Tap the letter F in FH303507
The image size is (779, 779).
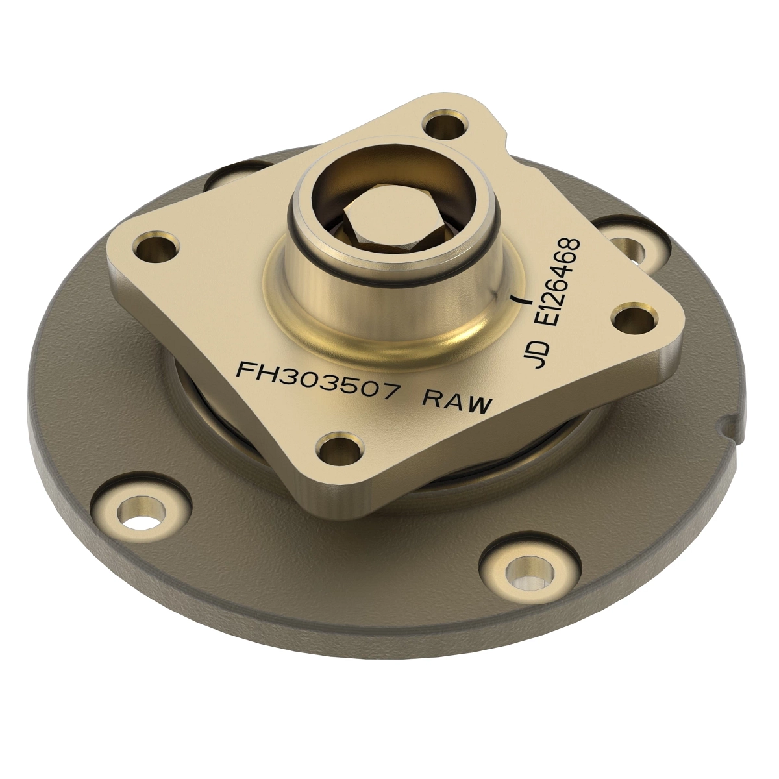[245, 367]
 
